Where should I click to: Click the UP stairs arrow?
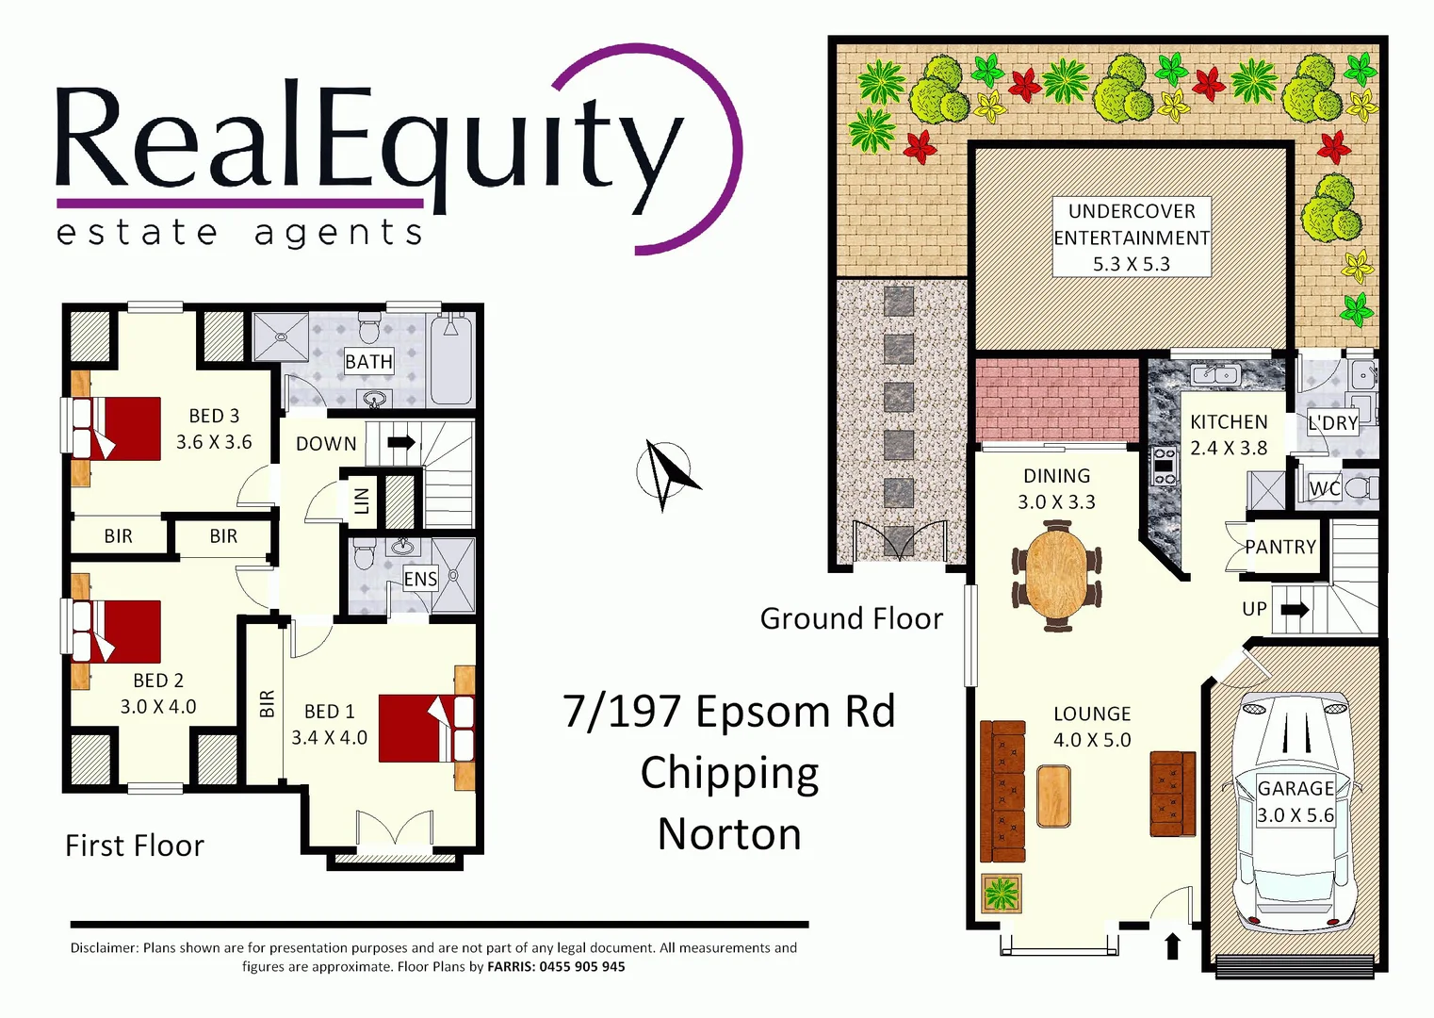coord(1295,610)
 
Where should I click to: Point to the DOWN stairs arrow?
coord(401,442)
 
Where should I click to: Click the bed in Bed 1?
coord(426,728)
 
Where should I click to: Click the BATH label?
coord(368,362)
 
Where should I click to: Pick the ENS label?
coord(420,579)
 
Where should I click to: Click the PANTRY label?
coord(1279,548)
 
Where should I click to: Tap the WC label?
coord(1324,488)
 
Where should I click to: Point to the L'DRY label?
coord(1332,423)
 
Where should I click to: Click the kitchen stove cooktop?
coord(1165,467)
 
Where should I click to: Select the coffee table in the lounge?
coord(1053,796)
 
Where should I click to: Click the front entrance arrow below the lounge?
coord(1173,945)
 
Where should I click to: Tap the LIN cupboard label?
coord(361,501)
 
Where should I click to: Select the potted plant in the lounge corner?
coord(1002,892)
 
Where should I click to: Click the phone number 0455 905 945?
coord(581,967)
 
